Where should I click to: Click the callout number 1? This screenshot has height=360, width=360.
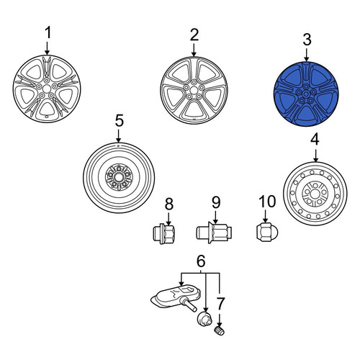click(48, 32)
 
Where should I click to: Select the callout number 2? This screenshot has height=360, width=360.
click(194, 35)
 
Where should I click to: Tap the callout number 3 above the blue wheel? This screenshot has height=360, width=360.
click(307, 40)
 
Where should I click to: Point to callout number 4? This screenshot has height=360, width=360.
click(315, 140)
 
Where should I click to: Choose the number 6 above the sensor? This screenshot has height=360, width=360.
click(201, 261)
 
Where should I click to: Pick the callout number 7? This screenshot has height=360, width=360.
click(220, 303)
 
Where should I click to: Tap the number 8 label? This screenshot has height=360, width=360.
click(169, 204)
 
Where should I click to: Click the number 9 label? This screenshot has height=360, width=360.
click(216, 202)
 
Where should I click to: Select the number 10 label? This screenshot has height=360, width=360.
click(267, 202)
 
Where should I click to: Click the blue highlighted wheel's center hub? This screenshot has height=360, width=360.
click(306, 94)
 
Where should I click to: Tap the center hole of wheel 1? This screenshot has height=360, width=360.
click(47, 89)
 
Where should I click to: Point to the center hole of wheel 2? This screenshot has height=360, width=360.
click(194, 90)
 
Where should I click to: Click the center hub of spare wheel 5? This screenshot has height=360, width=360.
click(118, 178)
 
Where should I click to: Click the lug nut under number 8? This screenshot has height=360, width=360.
click(164, 233)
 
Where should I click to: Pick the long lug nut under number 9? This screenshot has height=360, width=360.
click(214, 233)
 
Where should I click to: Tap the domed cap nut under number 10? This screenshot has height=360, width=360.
click(267, 232)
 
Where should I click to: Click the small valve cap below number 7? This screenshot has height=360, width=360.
click(219, 331)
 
